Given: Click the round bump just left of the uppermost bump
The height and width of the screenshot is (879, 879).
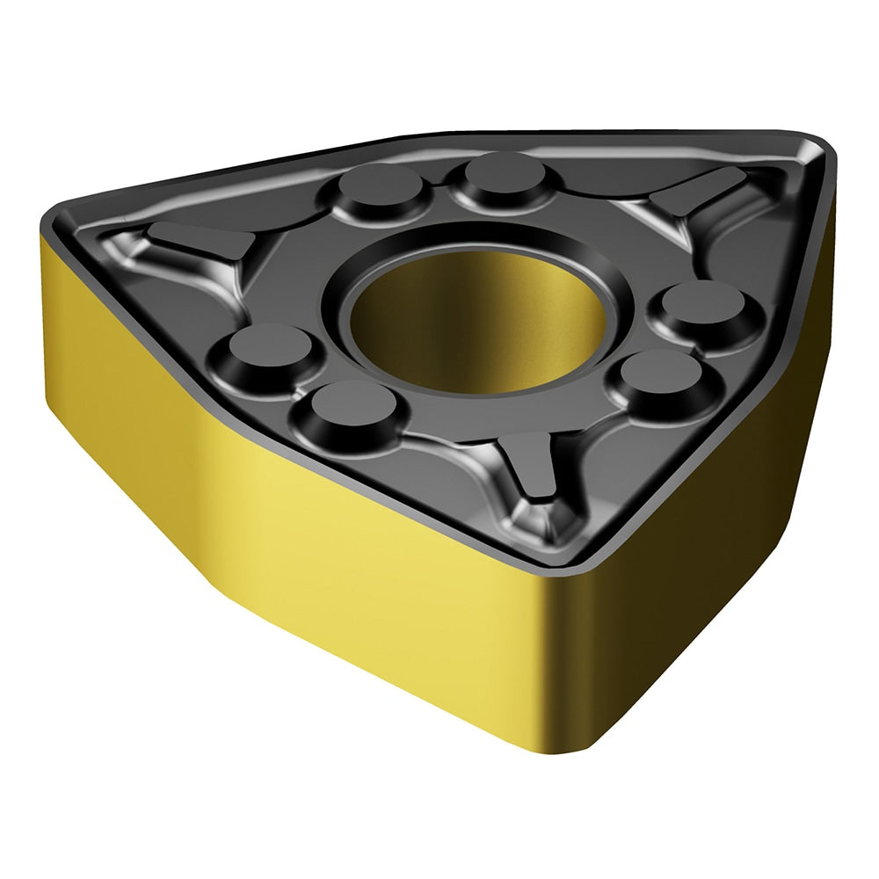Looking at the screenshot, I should pyautogui.click(x=380, y=185).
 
